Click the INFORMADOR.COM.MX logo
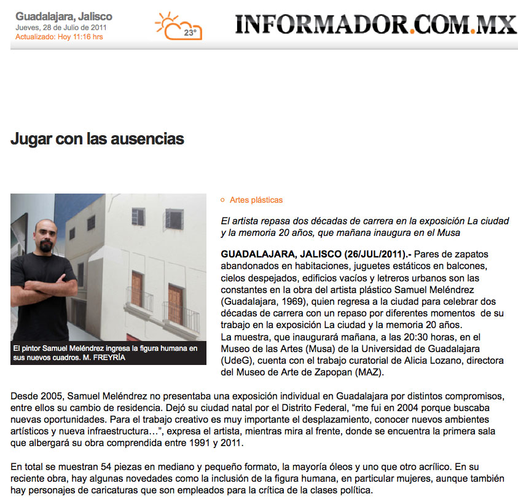tap(375, 24)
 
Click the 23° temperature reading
tap(190, 33)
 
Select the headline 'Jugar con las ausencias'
tap(97, 139)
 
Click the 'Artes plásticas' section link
tap(256, 200)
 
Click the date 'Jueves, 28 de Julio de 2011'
tap(62, 28)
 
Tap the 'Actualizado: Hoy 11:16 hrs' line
tap(59, 37)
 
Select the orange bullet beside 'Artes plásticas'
tap(223, 200)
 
